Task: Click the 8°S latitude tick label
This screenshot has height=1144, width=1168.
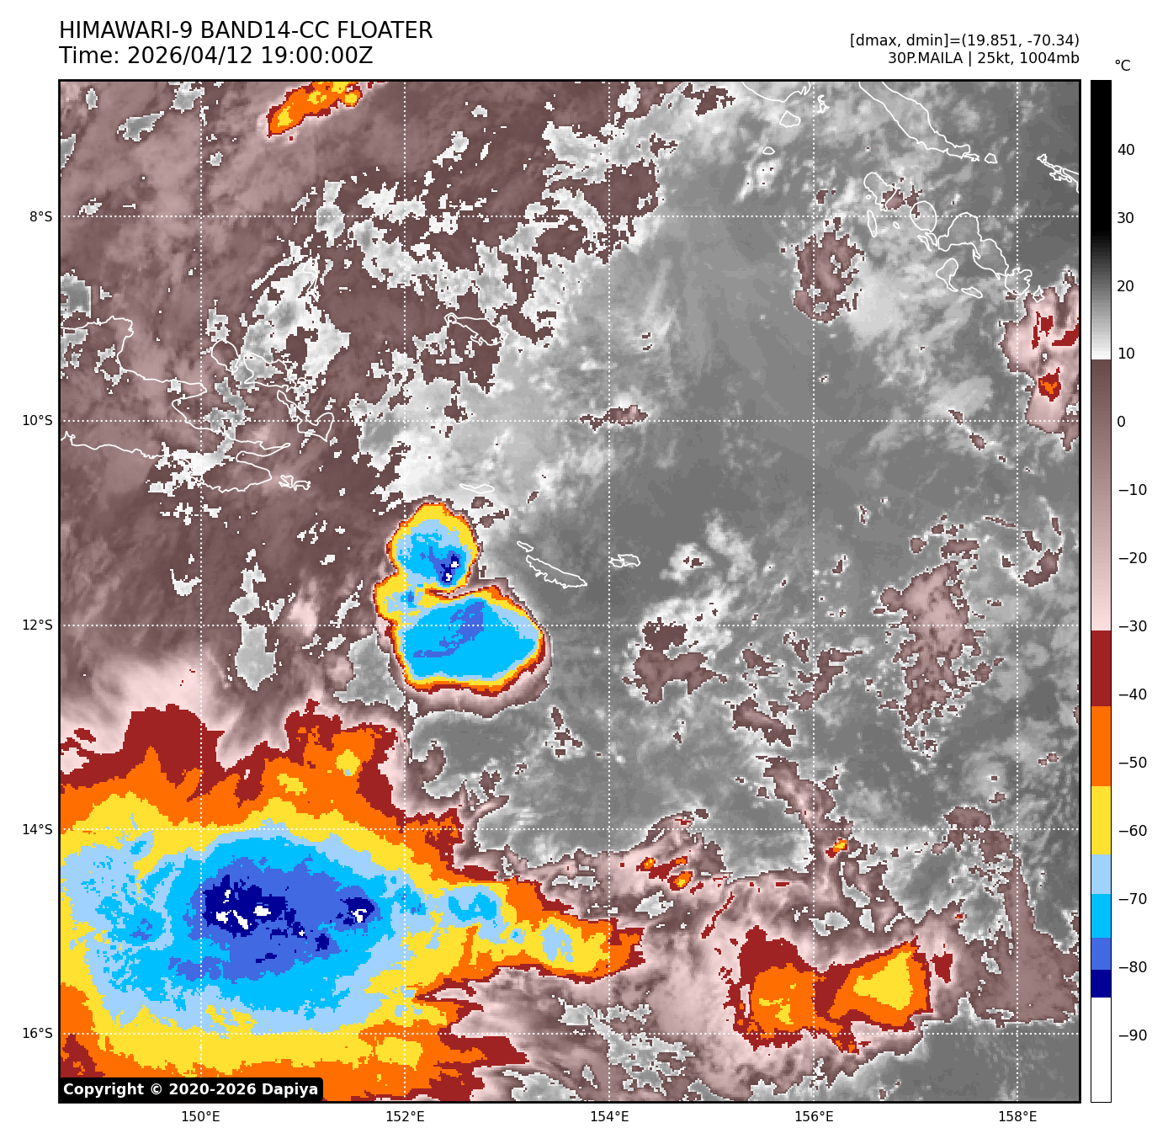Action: [x=40, y=217]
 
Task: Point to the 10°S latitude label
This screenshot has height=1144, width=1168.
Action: [x=38, y=421]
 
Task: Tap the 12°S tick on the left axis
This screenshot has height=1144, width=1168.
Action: [x=38, y=625]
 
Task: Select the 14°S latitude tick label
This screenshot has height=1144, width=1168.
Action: [x=38, y=830]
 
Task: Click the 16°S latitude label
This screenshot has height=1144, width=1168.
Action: [x=38, y=1034]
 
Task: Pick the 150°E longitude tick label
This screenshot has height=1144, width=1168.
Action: [x=200, y=1117]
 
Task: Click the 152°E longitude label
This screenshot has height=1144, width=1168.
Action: [x=405, y=1117]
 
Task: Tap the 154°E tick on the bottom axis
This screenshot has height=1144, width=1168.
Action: [x=609, y=1117]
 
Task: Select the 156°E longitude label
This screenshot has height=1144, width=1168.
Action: [x=814, y=1117]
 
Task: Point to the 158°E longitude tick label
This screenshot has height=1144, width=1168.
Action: [x=1017, y=1117]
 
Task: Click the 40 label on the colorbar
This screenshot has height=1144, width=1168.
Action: [x=1126, y=151]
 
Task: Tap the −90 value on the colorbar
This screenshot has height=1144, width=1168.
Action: [x=1132, y=1035]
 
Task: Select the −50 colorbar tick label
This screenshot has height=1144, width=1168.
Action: [x=1132, y=763]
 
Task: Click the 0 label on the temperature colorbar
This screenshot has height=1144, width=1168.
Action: [x=1121, y=422]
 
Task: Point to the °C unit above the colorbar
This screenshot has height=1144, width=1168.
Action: [x=1122, y=66]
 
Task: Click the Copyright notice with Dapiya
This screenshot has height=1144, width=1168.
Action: [x=191, y=1089]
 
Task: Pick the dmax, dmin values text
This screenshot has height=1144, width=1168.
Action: [x=964, y=40]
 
